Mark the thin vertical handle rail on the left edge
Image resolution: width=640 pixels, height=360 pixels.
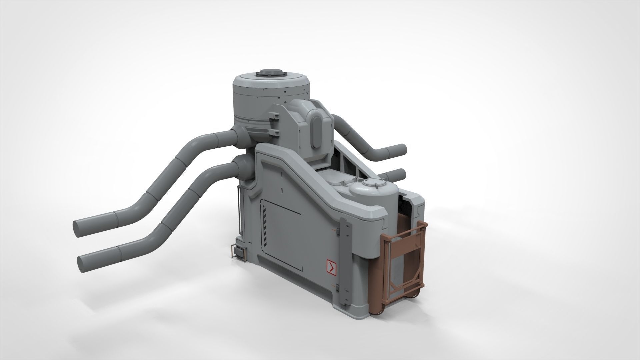tap(238, 207)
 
